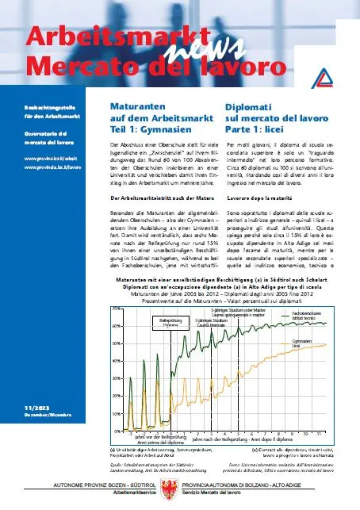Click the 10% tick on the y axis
pos(115,413)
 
